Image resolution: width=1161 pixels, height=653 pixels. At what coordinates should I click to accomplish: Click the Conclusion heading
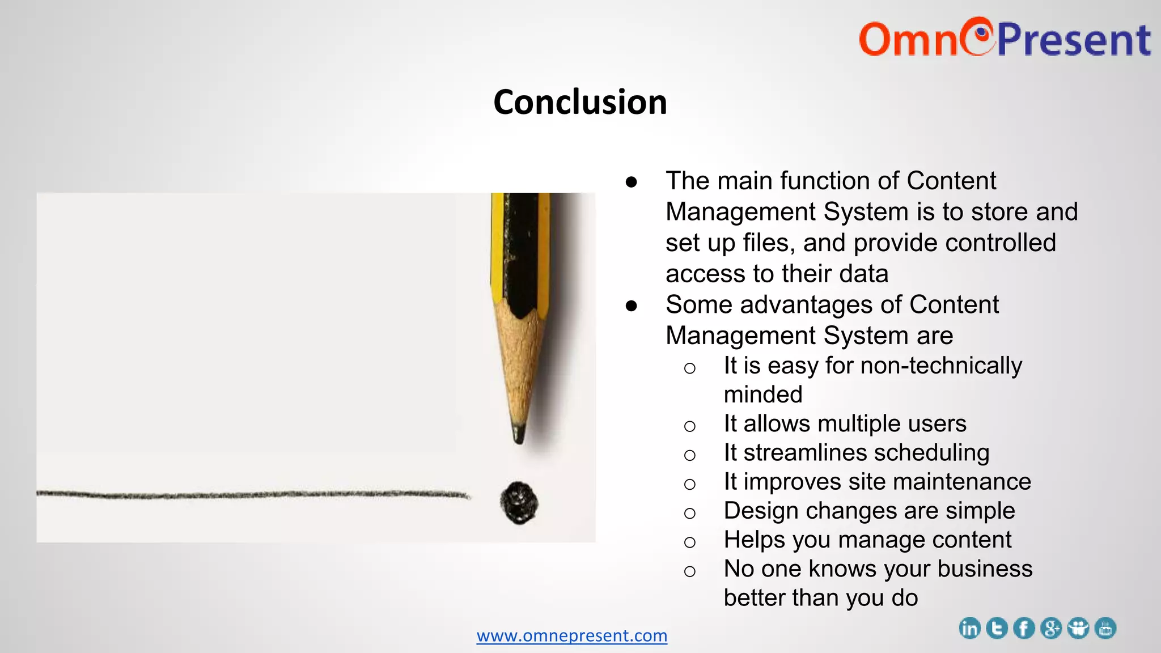tap(580, 103)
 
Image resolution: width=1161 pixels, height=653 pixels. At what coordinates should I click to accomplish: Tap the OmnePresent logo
tap(1004, 39)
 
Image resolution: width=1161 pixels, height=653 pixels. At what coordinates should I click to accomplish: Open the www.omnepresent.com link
tap(571, 635)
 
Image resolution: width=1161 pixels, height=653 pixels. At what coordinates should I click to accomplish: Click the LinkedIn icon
tap(969, 629)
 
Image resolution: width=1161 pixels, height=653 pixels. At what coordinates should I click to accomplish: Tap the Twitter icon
tap(997, 629)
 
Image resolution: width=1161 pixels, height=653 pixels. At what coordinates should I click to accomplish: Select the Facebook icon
tap(1024, 629)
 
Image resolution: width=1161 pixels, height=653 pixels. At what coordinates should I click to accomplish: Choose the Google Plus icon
tap(1051, 629)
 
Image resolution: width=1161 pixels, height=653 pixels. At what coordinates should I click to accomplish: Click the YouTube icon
tap(1105, 629)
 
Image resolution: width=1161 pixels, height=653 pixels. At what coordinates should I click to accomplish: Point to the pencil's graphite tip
tap(518, 433)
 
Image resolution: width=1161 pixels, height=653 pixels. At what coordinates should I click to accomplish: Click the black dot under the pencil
tap(519, 503)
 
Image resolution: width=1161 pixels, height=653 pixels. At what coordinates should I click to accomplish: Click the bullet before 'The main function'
tap(631, 182)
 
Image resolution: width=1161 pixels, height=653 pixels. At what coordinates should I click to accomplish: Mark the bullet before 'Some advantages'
tap(631, 306)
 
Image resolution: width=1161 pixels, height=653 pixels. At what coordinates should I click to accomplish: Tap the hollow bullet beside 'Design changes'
tap(689, 513)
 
